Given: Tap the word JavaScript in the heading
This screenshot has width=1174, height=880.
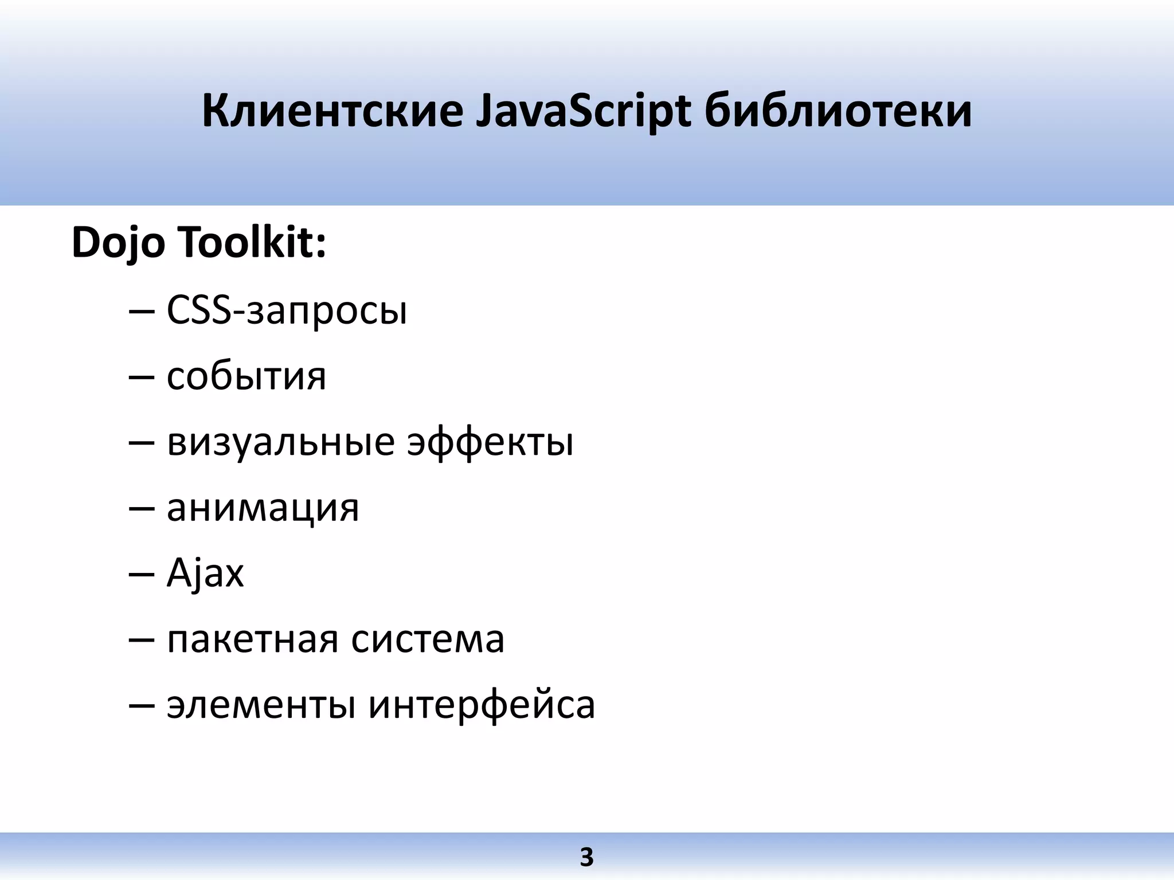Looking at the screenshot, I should (x=584, y=112).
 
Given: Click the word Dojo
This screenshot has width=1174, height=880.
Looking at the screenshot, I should (x=118, y=243).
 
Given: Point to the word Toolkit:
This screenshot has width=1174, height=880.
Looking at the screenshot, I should (x=252, y=242).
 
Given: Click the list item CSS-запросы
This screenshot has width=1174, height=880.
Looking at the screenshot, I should (x=287, y=311).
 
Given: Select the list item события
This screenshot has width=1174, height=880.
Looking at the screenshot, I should (x=246, y=377).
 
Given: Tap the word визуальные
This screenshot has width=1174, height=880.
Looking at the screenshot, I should (x=281, y=443).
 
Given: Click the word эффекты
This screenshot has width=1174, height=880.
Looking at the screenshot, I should (x=490, y=443).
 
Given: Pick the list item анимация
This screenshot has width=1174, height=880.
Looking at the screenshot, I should (x=263, y=508).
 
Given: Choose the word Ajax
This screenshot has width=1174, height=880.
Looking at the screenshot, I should (x=205, y=573).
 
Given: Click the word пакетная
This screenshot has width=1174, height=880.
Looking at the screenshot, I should (x=253, y=639).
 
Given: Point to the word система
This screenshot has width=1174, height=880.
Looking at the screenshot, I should (x=428, y=639).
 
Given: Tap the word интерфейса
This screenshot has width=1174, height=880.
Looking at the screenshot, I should (x=482, y=705).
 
